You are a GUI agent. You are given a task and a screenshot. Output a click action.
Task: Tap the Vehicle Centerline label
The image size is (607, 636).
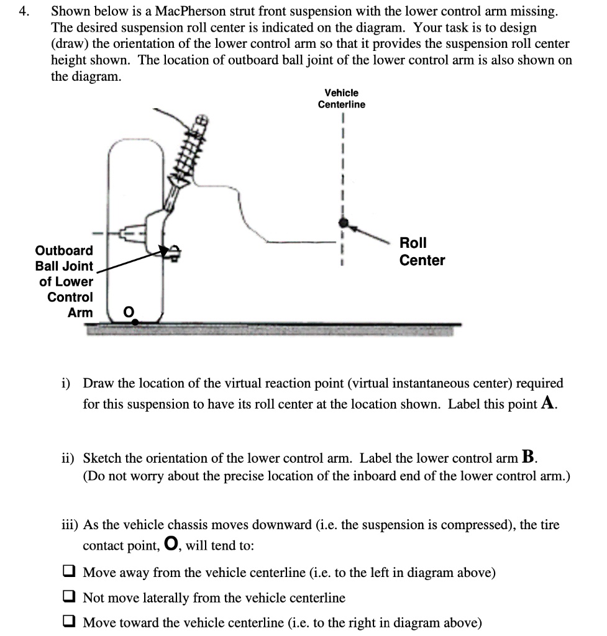[x=341, y=98]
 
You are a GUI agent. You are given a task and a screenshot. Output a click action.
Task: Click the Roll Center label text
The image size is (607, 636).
[x=422, y=251]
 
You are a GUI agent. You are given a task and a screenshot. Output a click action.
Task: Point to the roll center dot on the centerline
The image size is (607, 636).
[x=342, y=222]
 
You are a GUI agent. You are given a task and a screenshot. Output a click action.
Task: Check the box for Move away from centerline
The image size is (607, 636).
[x=70, y=572]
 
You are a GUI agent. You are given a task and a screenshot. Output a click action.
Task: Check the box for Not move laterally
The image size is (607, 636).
[x=70, y=597]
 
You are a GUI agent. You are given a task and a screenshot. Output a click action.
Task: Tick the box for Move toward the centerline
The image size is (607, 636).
[x=70, y=622]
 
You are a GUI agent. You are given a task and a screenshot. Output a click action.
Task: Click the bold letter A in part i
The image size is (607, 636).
[x=547, y=404]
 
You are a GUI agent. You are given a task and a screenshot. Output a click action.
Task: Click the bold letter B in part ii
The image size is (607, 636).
[x=529, y=458]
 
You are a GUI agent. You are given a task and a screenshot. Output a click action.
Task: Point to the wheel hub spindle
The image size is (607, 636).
[x=127, y=234]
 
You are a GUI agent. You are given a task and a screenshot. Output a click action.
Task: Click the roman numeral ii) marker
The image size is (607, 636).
[x=68, y=458]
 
